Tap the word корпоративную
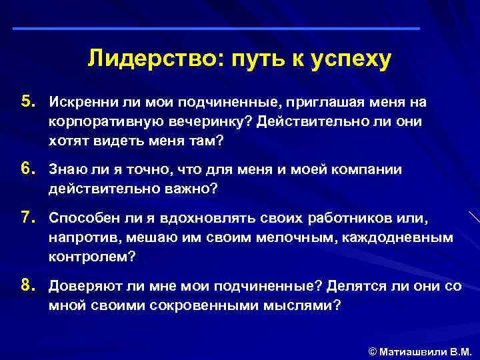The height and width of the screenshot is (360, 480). [97, 123]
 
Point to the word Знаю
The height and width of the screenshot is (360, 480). [65, 170]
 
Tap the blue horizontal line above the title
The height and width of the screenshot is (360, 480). [217, 29]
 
